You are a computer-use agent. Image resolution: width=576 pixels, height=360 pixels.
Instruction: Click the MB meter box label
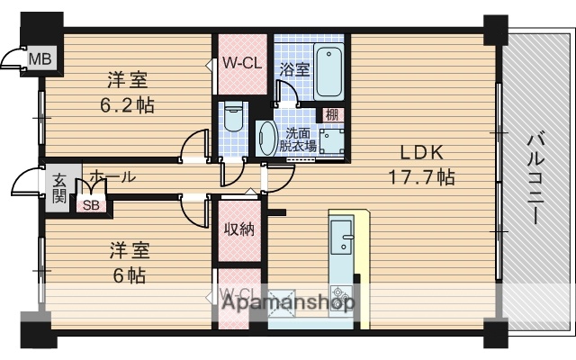40,60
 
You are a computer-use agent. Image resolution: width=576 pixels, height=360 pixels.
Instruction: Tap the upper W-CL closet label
241,64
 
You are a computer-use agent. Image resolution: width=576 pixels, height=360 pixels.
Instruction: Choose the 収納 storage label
238,229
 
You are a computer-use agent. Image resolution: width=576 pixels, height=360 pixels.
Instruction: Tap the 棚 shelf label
333,113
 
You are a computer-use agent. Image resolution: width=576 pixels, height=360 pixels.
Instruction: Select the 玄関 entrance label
58,187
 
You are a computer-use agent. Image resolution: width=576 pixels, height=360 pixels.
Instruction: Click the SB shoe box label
91,205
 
